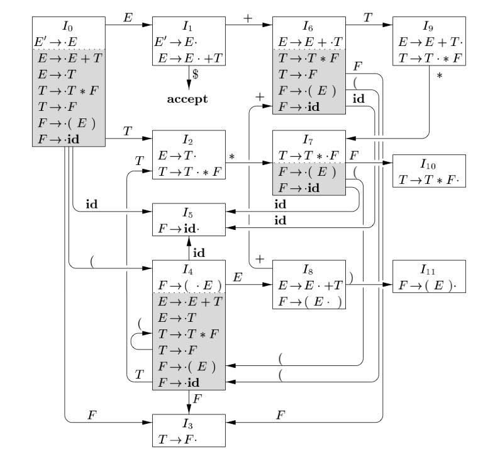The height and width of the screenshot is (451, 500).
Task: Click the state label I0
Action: [x=67, y=26]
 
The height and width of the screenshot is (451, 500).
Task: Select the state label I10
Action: [x=428, y=164]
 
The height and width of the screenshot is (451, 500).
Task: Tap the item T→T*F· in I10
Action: [x=428, y=180]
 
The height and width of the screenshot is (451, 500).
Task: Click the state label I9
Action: [x=428, y=27]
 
